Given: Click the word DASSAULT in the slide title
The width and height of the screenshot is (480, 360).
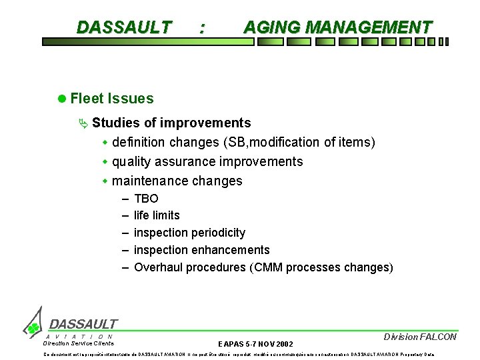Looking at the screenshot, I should (x=124, y=27).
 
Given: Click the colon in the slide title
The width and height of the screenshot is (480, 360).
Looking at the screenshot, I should (x=202, y=28).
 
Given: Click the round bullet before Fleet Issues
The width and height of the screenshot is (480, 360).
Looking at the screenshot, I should (x=61, y=99).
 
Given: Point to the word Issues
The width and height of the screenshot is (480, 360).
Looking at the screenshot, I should (x=132, y=99).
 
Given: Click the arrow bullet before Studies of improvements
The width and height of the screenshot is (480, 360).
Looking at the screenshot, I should (x=83, y=123).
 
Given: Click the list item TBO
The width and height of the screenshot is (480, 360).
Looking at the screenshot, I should (x=146, y=199).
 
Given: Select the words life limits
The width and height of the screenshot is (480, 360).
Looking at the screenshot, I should (x=157, y=215).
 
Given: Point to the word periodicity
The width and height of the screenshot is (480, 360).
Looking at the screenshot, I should (x=216, y=233).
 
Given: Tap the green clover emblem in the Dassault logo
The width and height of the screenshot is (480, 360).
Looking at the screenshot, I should (x=32, y=328).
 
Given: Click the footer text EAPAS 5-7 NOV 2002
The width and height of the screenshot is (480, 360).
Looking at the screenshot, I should (x=255, y=343).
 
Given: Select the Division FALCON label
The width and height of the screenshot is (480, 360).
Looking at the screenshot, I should (x=420, y=337).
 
